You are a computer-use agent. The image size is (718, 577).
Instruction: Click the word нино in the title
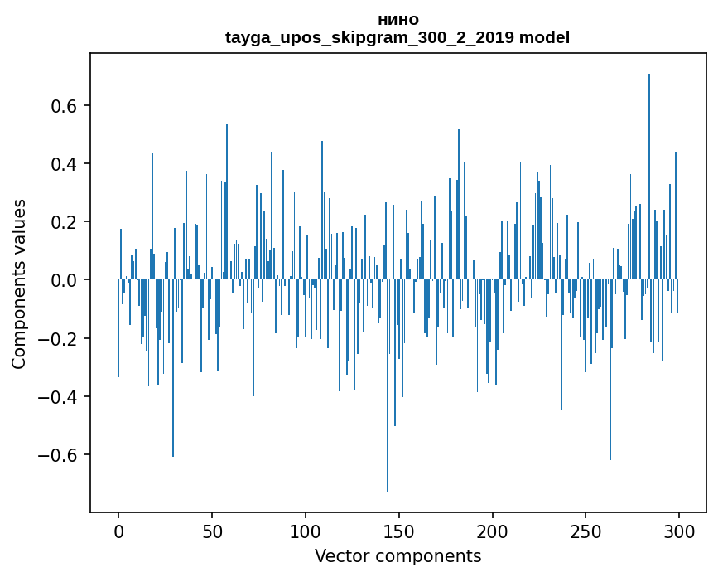(x=398, y=19)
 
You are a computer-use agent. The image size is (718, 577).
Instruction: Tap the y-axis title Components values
(x=19, y=284)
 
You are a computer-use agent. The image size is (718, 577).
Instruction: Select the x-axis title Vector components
(x=398, y=555)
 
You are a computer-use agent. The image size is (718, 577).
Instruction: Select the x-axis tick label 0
(x=118, y=531)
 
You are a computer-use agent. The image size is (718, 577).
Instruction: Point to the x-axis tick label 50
(x=212, y=531)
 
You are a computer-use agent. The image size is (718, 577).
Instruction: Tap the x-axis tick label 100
(x=306, y=531)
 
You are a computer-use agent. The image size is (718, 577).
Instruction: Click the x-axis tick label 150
(x=399, y=531)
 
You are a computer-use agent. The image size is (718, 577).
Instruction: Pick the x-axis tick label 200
(x=493, y=531)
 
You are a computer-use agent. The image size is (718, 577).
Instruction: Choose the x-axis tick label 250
(x=585, y=531)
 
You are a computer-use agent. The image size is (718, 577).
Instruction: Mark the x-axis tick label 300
(x=679, y=531)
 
